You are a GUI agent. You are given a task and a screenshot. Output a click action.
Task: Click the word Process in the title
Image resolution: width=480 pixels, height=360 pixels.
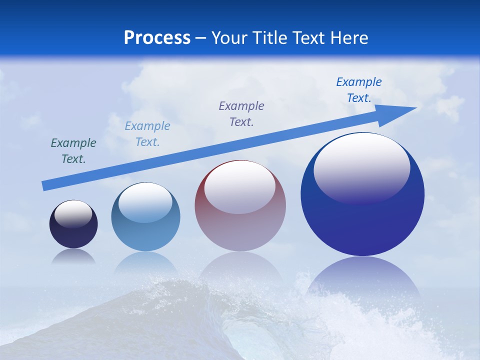[157, 38]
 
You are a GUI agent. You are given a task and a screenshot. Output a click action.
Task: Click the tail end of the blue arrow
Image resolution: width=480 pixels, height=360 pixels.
[45, 186]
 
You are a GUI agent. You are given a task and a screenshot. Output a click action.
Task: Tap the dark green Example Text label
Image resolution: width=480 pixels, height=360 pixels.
[73, 151]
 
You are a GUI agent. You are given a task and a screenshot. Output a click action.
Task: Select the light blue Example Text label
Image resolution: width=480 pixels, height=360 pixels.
[147, 134]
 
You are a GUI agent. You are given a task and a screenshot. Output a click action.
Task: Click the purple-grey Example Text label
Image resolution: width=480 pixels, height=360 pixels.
[241, 113]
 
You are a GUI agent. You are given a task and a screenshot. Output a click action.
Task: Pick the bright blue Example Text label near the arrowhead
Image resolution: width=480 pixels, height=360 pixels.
[359, 90]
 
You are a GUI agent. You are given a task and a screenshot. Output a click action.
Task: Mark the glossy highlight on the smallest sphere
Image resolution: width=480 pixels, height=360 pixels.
[73, 214]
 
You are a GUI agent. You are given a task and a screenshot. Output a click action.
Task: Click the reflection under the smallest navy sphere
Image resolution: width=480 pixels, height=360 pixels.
[73, 256]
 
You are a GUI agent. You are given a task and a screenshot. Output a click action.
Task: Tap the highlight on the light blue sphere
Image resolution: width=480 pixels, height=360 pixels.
[145, 202]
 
